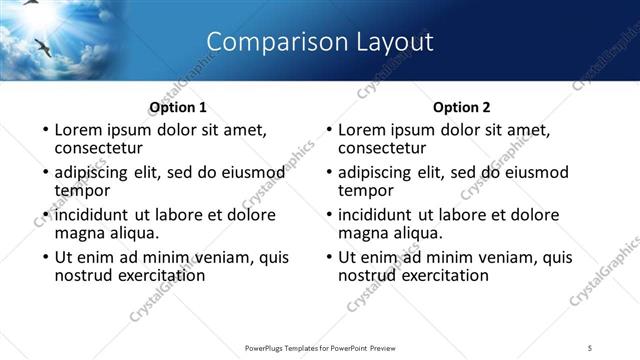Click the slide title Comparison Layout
pos(319,42)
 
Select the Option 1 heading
pos(177,107)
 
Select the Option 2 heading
pos(461,107)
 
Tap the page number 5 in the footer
pos(591,347)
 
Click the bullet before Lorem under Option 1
pos(44,130)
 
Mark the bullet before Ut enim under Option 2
pos(328,257)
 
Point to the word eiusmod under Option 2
pos(533,172)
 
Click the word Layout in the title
pos(394,42)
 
